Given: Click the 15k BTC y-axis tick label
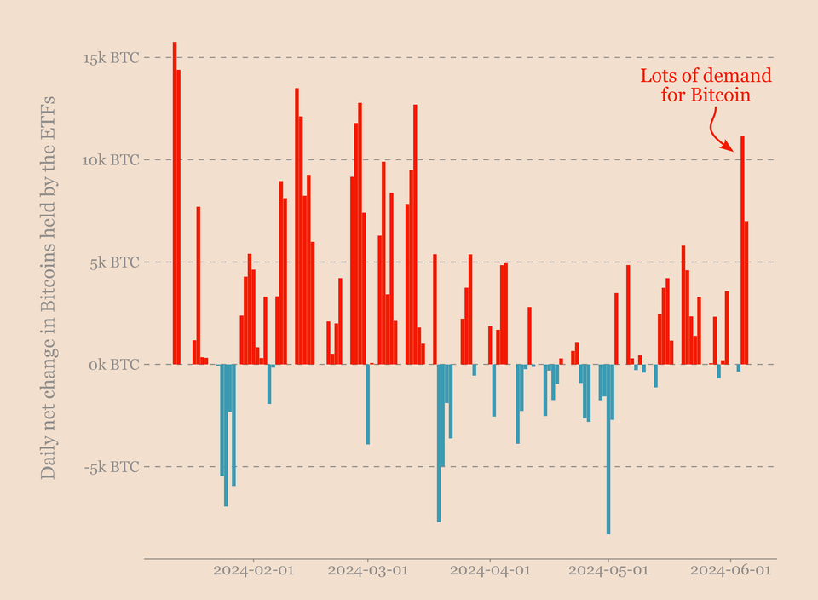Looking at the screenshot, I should pos(111,58).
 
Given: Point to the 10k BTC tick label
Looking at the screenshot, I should pos(111,160).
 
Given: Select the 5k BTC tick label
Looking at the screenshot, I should pos(114,262).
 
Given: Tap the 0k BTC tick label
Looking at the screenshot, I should pos(114,365).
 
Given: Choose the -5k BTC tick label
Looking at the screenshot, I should pos(112,467).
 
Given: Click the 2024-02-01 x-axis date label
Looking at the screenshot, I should pos(253,569).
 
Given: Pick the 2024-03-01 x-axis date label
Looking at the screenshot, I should pos(367,569).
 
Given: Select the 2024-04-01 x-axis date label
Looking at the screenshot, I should pos(490,569).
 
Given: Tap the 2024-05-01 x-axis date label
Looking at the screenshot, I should pos(608,569).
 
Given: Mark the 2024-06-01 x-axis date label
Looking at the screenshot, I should pos(730,569).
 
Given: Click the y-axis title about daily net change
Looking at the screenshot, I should pos(49,286).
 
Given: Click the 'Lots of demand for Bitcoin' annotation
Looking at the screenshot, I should pos(706,85).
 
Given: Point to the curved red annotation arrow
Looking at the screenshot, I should pos(717,132).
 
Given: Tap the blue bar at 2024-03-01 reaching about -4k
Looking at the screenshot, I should pos(367,404).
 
